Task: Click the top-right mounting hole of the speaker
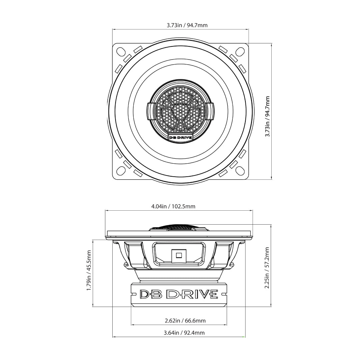pos(240,51)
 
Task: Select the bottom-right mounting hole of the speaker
pos(240,171)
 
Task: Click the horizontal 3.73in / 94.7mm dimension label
pos(187,25)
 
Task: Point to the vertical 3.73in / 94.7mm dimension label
pos(267,116)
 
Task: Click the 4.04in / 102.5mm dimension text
pos(173,206)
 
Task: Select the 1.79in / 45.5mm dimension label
pos(89,270)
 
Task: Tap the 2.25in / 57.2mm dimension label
pos(267,268)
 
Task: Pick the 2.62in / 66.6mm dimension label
pos(185,321)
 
